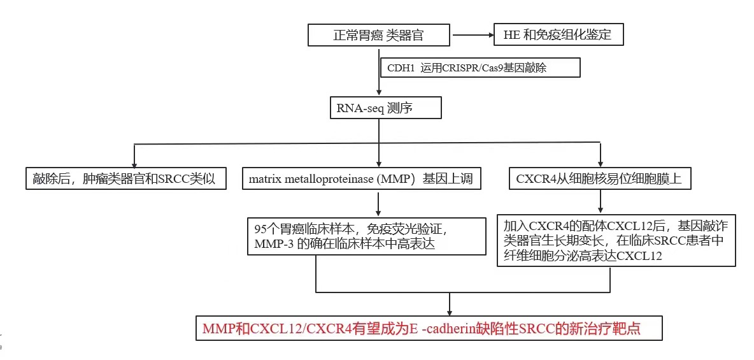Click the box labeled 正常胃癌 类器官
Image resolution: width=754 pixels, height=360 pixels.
(378, 35)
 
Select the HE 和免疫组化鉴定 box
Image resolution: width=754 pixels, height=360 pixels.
(558, 35)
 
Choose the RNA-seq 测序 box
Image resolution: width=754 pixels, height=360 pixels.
(386, 108)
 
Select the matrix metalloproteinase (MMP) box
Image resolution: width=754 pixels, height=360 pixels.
(361, 179)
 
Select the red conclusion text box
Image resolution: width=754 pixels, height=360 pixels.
(430, 329)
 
